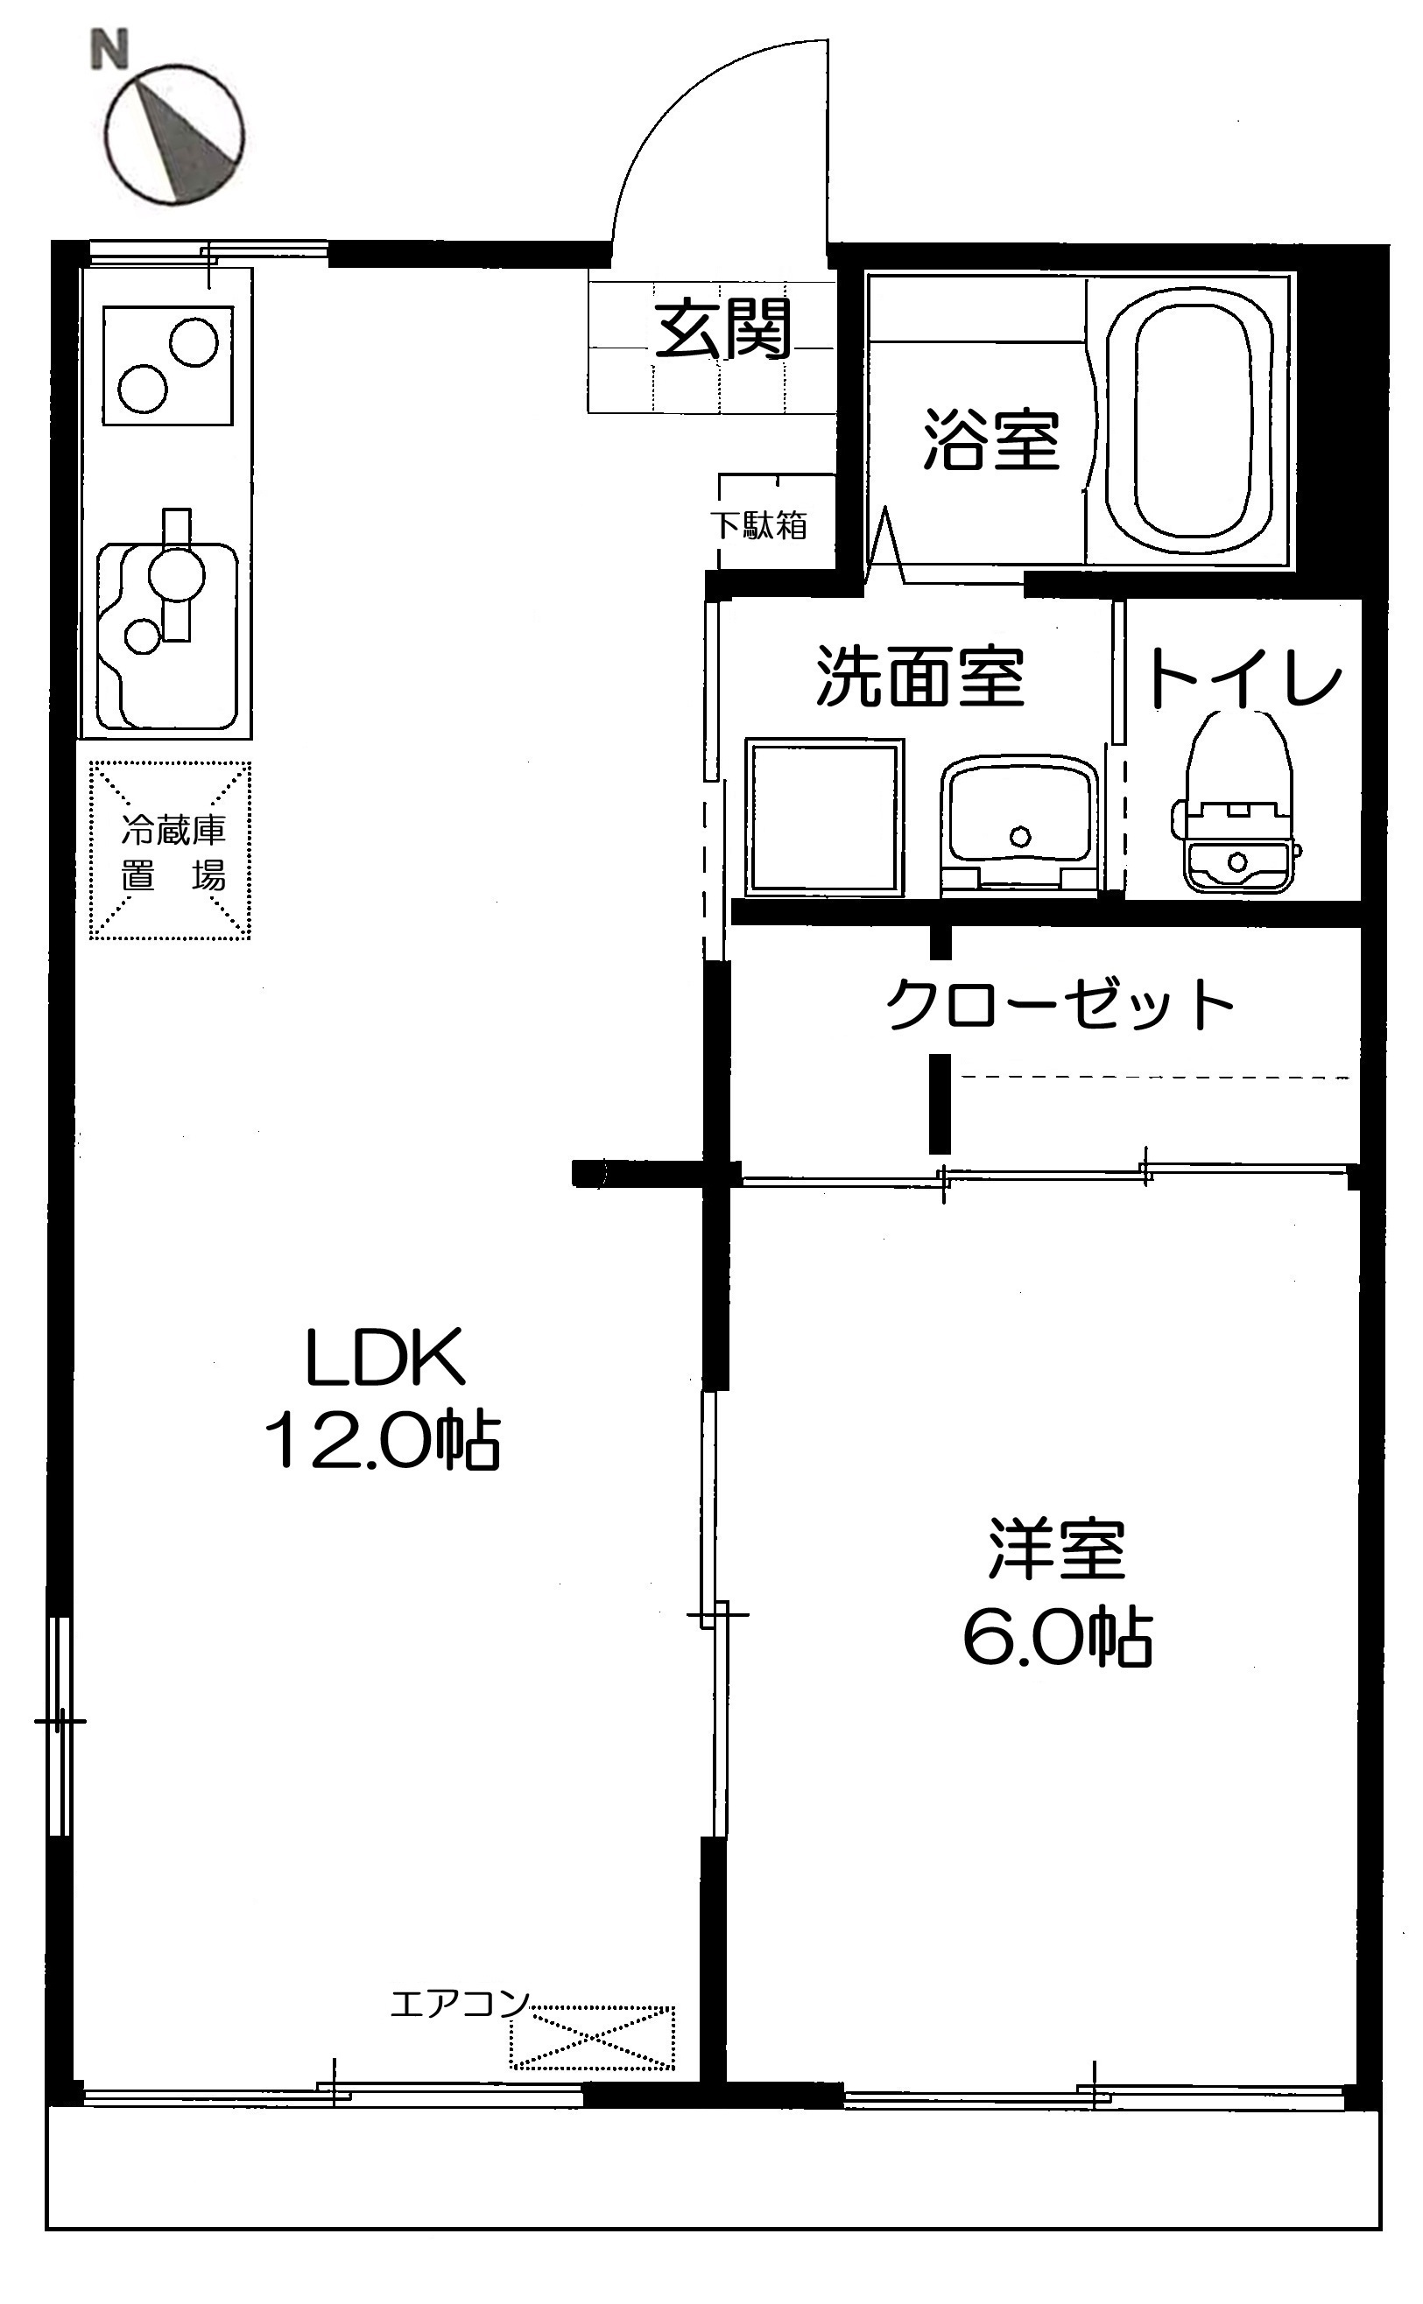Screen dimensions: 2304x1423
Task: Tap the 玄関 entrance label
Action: pos(722,328)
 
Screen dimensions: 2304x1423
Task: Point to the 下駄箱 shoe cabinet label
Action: pos(758,525)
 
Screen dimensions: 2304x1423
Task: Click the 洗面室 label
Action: pos(919,677)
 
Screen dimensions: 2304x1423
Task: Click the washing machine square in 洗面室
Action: pos(824,817)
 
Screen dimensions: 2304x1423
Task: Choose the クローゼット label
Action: pos(1059,1005)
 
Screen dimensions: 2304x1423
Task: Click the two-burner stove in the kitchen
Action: pos(167,365)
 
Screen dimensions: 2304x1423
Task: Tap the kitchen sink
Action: pos(167,635)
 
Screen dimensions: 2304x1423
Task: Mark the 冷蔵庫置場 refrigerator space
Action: pos(171,851)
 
